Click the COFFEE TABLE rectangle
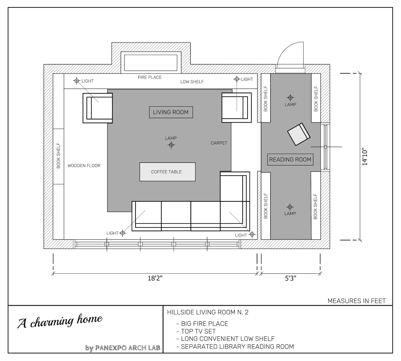click(167, 172)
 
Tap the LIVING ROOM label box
click(171, 112)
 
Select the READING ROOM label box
click(290, 160)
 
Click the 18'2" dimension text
click(155, 279)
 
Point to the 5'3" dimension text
click(290, 279)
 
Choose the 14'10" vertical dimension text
click(365, 157)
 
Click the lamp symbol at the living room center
click(171, 145)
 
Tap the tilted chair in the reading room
click(299, 134)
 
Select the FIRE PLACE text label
click(150, 77)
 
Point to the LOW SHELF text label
click(192, 82)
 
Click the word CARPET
click(219, 143)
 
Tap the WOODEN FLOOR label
click(84, 166)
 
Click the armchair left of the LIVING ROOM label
click(98, 108)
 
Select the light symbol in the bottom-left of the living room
click(122, 233)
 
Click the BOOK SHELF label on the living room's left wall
click(58, 156)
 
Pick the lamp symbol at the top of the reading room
click(290, 98)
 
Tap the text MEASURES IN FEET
click(356, 301)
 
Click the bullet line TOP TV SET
click(198, 331)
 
